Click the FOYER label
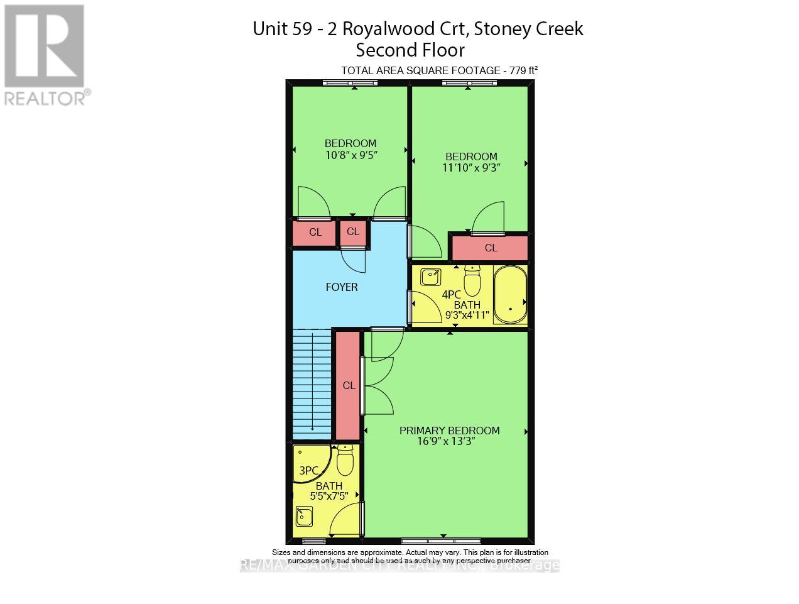pos(342,287)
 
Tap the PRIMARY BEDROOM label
pos(449,431)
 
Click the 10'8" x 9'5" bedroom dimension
pos(350,154)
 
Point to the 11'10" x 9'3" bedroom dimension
pos(471,167)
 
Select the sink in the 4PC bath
pos(430,275)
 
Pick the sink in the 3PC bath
pos(305,517)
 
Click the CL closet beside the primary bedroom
pos(349,386)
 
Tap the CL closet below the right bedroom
pos(491,248)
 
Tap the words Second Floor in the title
pos(410,50)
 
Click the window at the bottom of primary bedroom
pos(441,541)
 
